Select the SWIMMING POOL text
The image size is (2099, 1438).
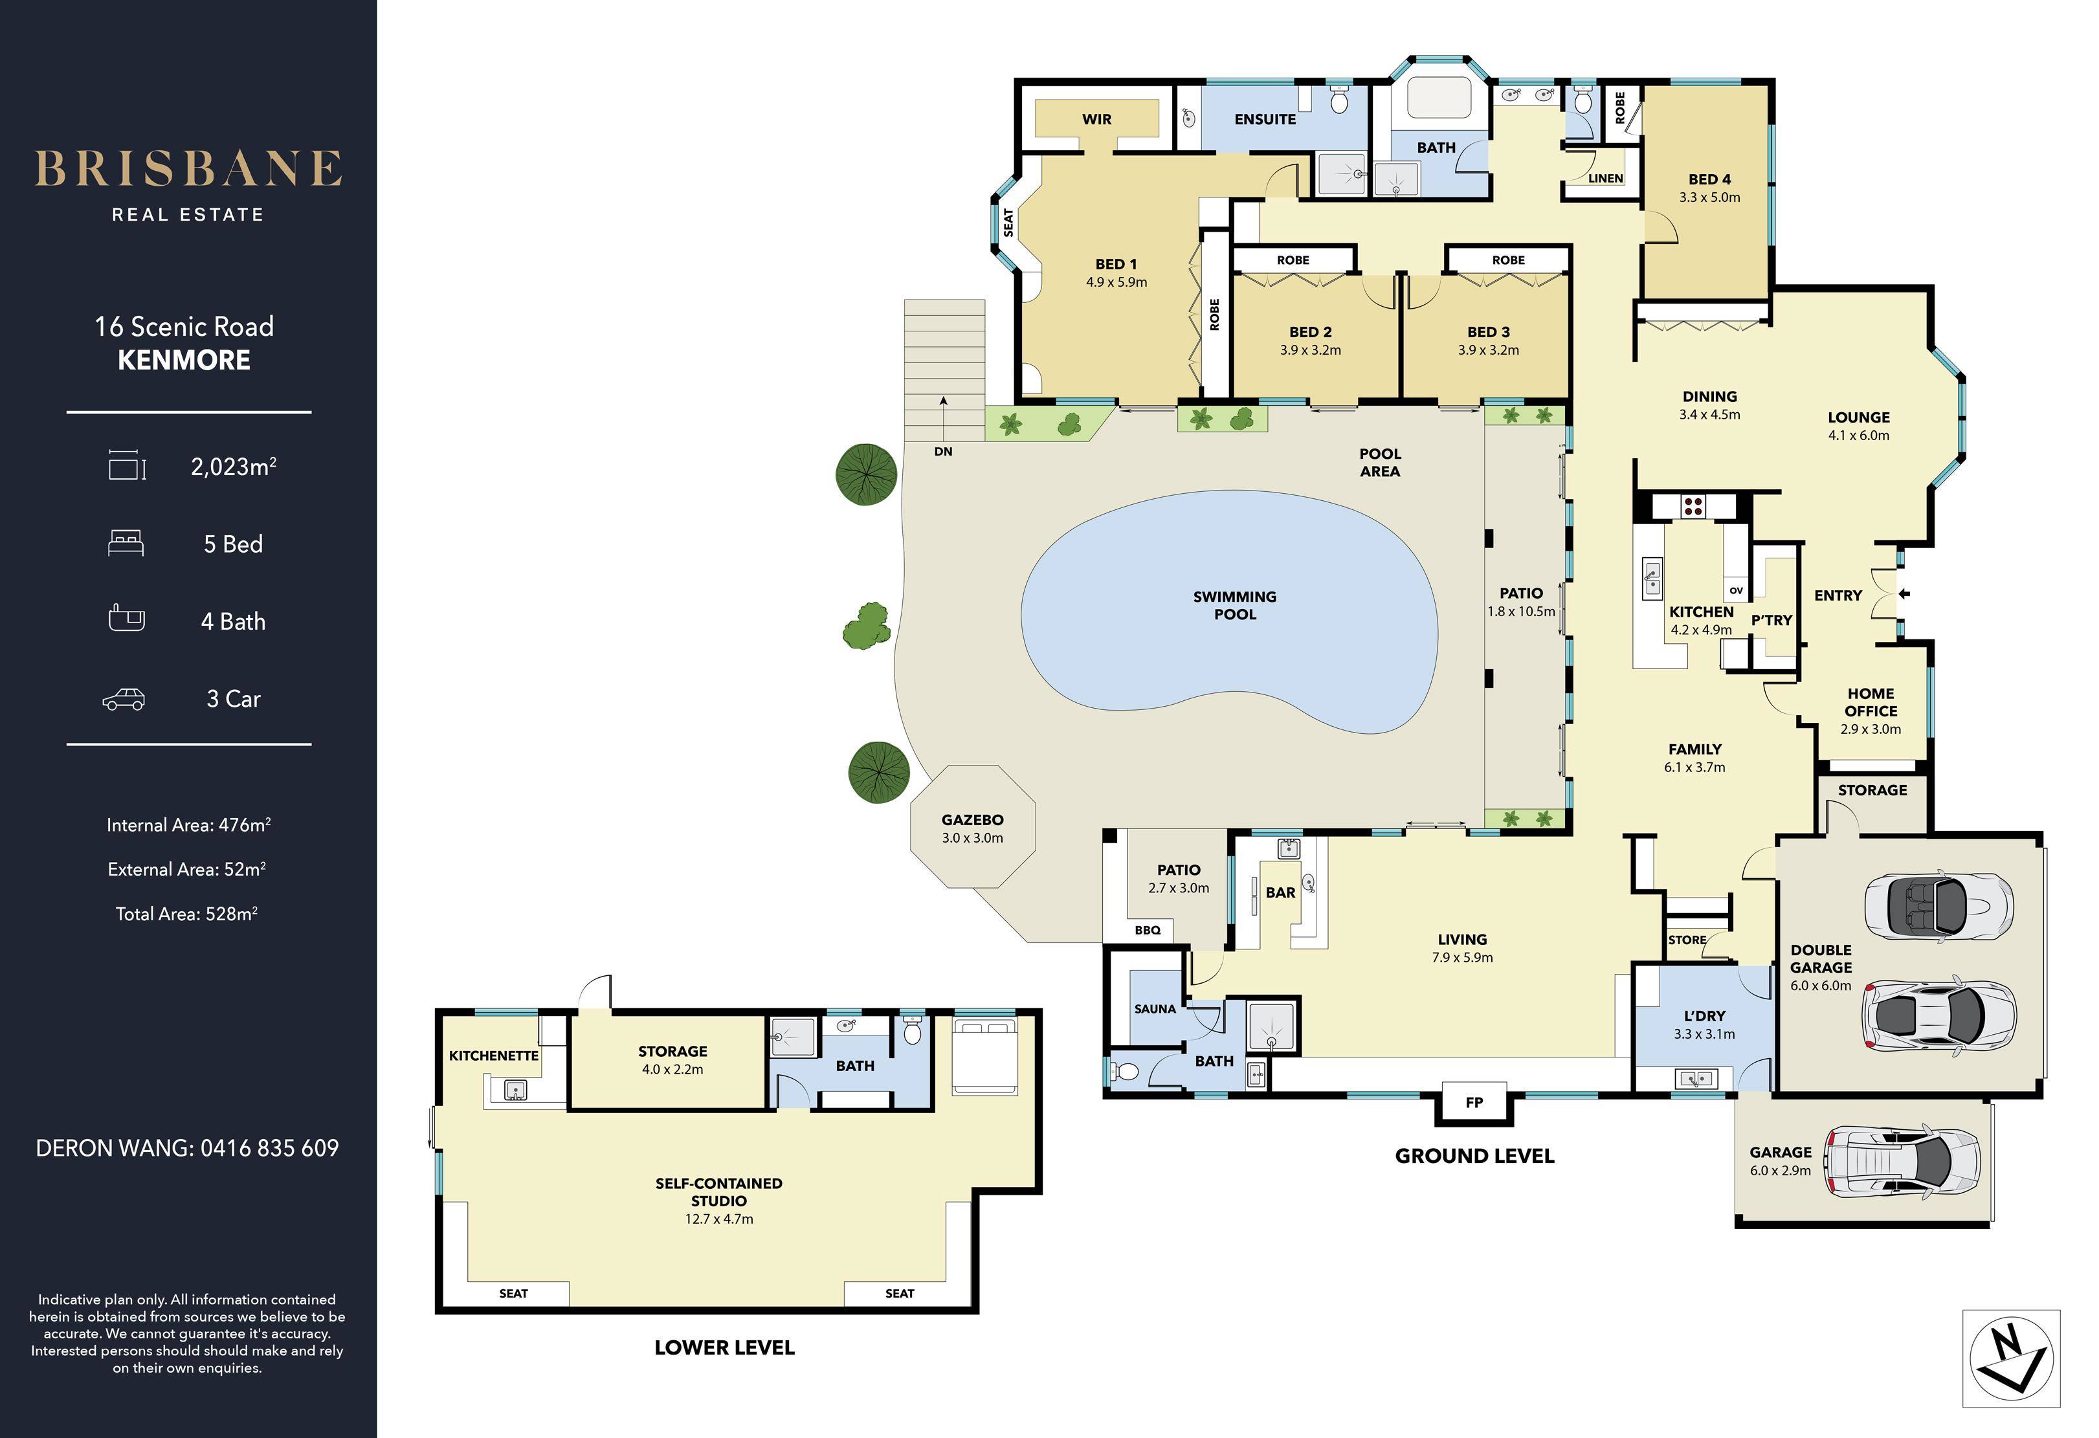pyautogui.click(x=1235, y=605)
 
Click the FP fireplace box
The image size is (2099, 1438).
pyautogui.click(x=1474, y=1102)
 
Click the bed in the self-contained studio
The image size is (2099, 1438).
pyautogui.click(x=985, y=1057)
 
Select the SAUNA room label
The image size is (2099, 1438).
pyautogui.click(x=1155, y=1009)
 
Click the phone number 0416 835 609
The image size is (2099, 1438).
pyautogui.click(x=269, y=1148)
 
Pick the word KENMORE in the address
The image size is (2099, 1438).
pyautogui.click(x=184, y=360)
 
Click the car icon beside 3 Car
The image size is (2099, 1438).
pyautogui.click(x=124, y=699)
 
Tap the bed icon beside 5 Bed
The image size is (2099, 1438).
pyautogui.click(x=126, y=543)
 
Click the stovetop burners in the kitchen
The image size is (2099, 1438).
pyautogui.click(x=1693, y=506)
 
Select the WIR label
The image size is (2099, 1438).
pyautogui.click(x=1096, y=119)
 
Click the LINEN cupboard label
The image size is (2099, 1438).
pyautogui.click(x=1605, y=178)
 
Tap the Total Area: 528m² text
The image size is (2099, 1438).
pyautogui.click(x=187, y=913)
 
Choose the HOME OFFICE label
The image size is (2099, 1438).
pyautogui.click(x=1871, y=702)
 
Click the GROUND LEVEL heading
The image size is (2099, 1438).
pyautogui.click(x=1474, y=1156)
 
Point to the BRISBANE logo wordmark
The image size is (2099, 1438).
pyautogui.click(x=188, y=168)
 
